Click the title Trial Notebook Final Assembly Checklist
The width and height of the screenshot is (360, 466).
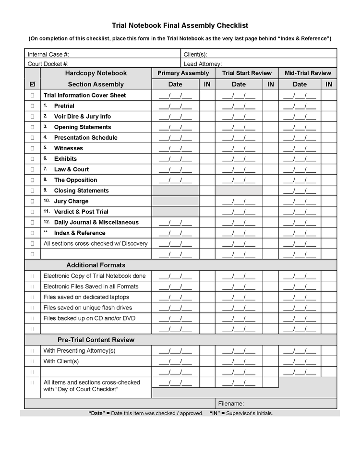point(180,25)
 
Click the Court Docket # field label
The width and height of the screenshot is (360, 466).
point(48,63)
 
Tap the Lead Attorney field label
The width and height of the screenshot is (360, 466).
point(203,63)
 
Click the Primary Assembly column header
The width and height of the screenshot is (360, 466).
point(183,73)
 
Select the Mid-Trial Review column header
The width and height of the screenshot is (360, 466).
point(308,73)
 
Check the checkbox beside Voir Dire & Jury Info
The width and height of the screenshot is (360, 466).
point(33,117)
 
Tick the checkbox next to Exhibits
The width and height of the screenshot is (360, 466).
point(33,159)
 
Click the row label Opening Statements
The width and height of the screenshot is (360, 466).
point(82,127)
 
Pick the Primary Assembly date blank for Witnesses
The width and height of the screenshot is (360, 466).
point(175,148)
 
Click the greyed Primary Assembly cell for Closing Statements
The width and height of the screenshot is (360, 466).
point(175,191)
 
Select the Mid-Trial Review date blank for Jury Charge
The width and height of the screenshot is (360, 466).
point(300,201)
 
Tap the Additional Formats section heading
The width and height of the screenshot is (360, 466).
point(96,265)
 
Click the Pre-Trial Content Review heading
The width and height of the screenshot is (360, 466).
point(96,340)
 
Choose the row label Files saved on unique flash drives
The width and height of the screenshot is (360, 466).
point(87,308)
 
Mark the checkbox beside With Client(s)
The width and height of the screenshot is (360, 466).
point(33,361)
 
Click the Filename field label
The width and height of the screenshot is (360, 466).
point(231,404)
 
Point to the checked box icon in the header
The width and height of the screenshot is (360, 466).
point(33,84)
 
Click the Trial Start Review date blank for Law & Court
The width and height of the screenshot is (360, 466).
point(239,169)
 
